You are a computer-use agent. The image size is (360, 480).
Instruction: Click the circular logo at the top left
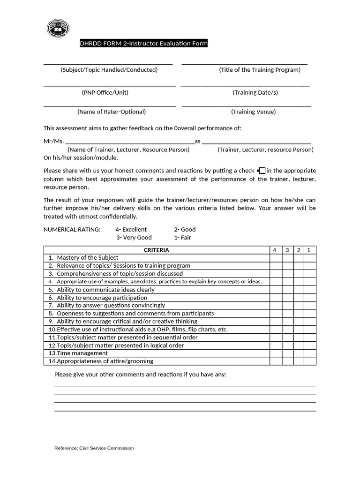[58, 29]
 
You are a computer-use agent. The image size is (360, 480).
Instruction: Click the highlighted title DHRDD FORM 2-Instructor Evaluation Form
[143, 44]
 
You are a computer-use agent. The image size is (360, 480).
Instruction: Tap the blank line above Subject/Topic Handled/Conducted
[108, 63]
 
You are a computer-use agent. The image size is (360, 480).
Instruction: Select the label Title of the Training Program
[260, 70]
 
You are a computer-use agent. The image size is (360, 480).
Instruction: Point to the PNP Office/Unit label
[105, 92]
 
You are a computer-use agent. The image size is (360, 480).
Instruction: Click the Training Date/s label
[255, 92]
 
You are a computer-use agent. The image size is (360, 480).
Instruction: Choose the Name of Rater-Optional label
[112, 112]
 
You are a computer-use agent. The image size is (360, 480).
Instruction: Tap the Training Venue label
[253, 112]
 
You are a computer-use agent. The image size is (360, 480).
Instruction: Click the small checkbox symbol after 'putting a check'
[262, 171]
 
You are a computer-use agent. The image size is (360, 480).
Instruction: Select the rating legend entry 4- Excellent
[131, 229]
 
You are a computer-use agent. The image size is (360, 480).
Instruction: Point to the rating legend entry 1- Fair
[182, 237]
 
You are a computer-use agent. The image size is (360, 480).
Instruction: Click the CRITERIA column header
[156, 250]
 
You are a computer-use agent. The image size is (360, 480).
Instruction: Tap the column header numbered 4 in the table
[275, 250]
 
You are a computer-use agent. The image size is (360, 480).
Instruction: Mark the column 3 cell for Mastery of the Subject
[287, 258]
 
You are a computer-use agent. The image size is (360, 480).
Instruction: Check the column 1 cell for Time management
[309, 353]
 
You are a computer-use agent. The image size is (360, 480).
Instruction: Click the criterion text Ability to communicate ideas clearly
[105, 290]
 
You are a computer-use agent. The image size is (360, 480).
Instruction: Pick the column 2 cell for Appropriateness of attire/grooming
[299, 361]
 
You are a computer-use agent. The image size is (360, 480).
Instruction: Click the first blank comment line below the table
[185, 385]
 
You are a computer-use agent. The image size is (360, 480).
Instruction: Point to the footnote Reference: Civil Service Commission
[94, 448]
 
